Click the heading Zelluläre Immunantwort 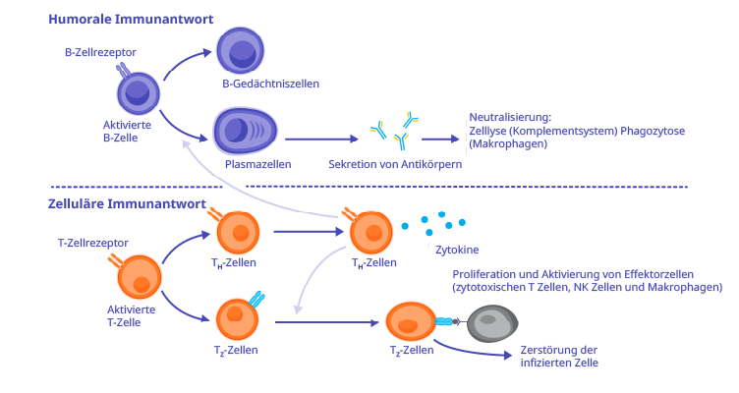point(126,205)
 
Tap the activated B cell point(138,94)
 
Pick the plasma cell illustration point(245,132)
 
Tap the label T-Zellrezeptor point(93,242)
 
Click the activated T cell point(141,276)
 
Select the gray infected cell point(490,322)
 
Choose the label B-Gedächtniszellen point(270,84)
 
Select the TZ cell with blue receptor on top point(236,317)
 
